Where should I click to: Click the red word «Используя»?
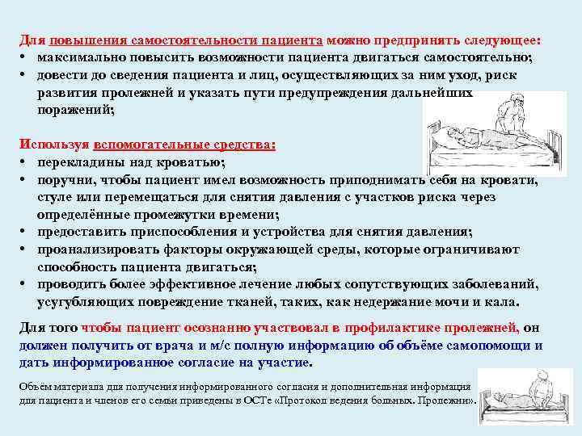[x=53, y=145]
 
